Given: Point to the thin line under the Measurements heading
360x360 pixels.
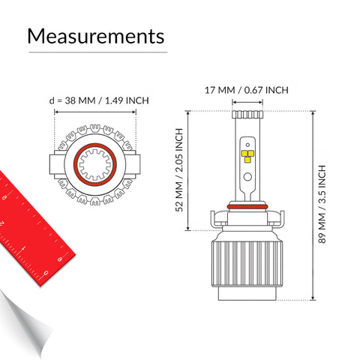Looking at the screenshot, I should coord(97,53).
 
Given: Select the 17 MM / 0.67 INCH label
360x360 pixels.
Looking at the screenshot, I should coord(247,90).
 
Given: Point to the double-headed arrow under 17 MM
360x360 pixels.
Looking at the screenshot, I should coord(247,103).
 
